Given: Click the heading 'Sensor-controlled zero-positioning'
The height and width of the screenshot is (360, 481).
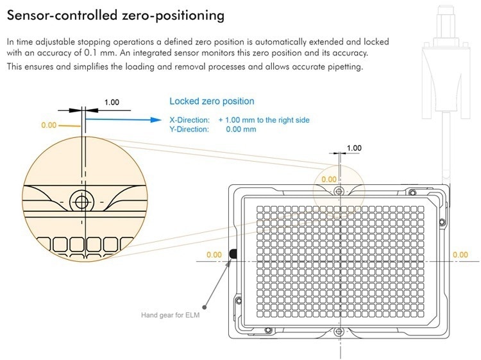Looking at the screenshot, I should (x=115, y=14).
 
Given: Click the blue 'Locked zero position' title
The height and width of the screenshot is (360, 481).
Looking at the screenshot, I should (x=212, y=101).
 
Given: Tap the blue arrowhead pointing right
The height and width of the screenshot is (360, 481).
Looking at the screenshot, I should (x=154, y=119).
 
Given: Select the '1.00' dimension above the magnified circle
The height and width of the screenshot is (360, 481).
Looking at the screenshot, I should (x=112, y=103).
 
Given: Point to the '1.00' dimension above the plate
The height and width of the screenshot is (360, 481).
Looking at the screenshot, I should (x=354, y=148).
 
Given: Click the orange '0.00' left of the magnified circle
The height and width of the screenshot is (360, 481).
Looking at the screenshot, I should (x=49, y=125).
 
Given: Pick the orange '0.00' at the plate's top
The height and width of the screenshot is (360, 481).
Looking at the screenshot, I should (x=328, y=179).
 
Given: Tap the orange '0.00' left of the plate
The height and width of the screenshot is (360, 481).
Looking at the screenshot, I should (x=214, y=255).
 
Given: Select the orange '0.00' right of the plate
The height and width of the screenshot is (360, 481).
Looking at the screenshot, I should (x=460, y=255).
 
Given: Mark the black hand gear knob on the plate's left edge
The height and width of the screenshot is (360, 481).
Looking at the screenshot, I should (x=233, y=255).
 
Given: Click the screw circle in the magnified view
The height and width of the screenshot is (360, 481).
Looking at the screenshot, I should (x=81, y=201).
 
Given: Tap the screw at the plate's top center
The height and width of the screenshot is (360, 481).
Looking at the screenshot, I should (x=339, y=190).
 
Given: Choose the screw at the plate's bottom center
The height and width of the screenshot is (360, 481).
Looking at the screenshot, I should (x=339, y=331).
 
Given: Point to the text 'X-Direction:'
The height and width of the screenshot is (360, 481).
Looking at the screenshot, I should (x=189, y=120).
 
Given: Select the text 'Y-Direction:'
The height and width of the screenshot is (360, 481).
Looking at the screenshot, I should (x=189, y=129).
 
